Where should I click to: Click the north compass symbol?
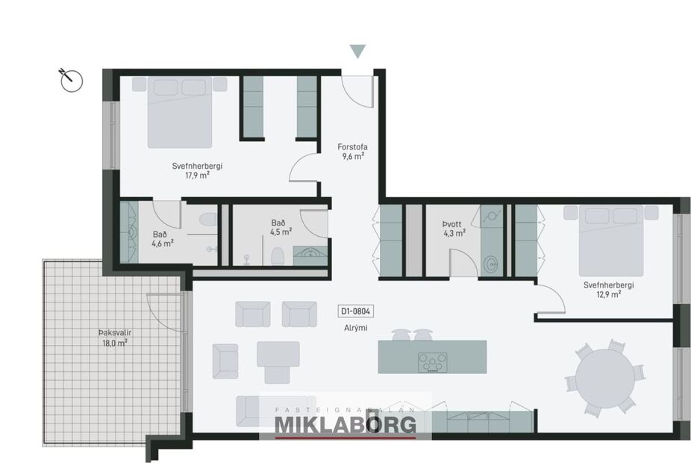pos(71,78)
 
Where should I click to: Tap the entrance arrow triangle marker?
pos(358,52)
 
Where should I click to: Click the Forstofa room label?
pos(353,147)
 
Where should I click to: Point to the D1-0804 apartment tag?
pos(355,312)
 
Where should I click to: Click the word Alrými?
pos(355,328)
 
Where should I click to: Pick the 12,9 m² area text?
pos(609,294)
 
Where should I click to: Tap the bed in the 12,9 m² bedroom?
pos(611,240)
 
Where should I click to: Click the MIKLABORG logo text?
pos(345,424)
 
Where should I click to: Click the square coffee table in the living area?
pos(278,353)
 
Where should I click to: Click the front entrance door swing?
pos(360,92)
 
